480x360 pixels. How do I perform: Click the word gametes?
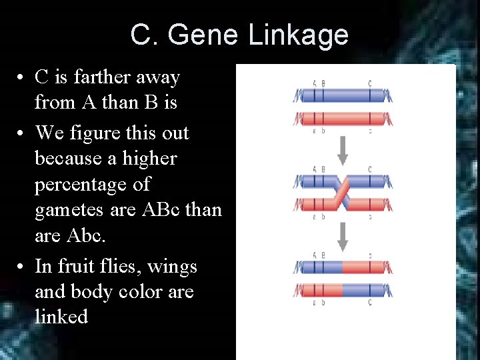point(69,209)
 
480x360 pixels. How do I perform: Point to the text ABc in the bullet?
point(161,209)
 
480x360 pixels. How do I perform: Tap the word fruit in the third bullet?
point(81,266)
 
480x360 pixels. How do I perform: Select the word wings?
point(172,266)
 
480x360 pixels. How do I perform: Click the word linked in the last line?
point(61,317)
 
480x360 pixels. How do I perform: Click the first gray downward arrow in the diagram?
point(343,151)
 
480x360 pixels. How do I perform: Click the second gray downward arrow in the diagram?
point(343,235)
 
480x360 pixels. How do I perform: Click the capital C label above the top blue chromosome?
point(370,84)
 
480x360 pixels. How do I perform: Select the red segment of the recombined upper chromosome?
point(364,268)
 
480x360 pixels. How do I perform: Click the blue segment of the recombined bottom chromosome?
point(364,291)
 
